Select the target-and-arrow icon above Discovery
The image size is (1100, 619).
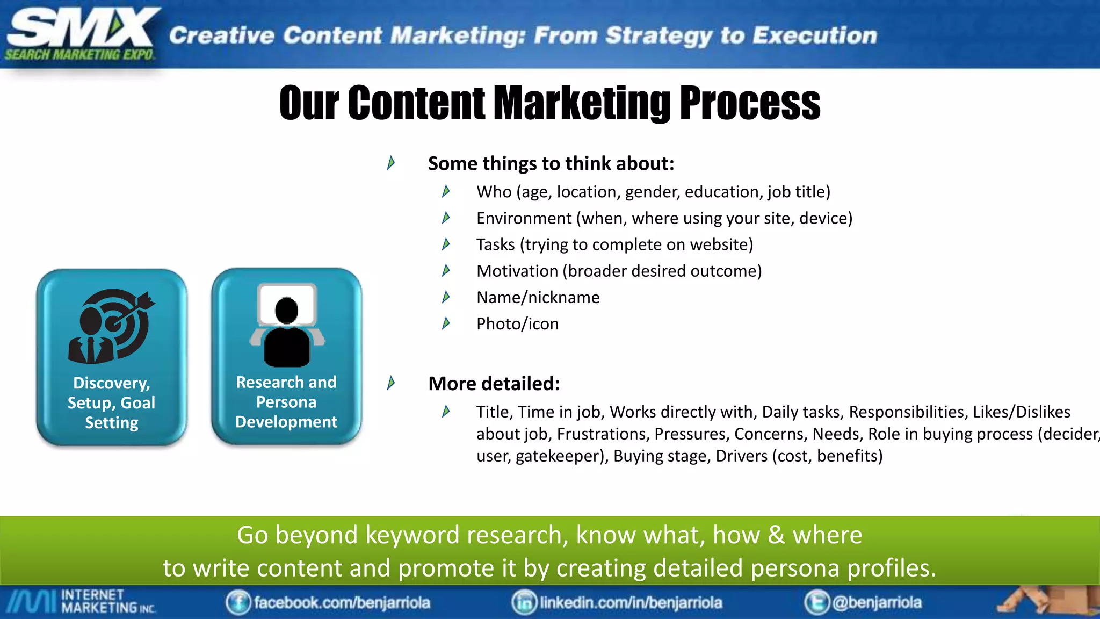click(112, 326)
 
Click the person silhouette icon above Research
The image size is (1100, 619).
click(287, 326)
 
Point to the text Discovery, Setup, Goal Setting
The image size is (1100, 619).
click(112, 402)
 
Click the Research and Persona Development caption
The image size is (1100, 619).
click(286, 402)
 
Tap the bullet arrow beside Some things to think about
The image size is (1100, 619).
click(391, 162)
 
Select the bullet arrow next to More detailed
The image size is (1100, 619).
click(391, 383)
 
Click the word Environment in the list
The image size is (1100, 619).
click(524, 218)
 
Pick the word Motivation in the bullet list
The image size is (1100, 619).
click(517, 271)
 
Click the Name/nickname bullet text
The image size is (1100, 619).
click(538, 297)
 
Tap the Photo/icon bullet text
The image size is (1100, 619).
click(517, 323)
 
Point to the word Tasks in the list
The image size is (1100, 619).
click(495, 244)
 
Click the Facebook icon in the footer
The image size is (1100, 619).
click(238, 602)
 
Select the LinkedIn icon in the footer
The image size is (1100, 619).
click(524, 602)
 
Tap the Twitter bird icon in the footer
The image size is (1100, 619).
click(817, 602)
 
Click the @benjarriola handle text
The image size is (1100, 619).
click(877, 602)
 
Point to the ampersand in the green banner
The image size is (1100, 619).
click(776, 535)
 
